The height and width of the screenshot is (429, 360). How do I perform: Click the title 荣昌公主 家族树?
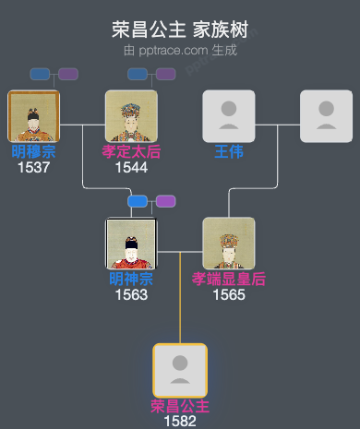[x=180, y=29]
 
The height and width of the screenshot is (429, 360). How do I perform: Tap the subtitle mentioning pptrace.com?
[x=180, y=50]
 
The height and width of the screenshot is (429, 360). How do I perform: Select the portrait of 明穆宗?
[x=33, y=116]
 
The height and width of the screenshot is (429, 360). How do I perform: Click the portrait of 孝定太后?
[x=131, y=116]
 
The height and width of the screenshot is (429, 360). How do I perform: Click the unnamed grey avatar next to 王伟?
[x=326, y=116]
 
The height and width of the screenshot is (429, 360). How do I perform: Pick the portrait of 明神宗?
[x=131, y=244]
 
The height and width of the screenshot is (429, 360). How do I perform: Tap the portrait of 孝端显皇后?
[x=228, y=244]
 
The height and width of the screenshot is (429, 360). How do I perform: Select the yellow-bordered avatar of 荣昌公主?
[x=180, y=370]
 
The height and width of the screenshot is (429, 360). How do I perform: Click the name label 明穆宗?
[x=33, y=151]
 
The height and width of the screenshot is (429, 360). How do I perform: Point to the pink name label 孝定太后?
[x=131, y=151]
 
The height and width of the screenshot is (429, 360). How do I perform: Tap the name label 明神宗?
[x=131, y=279]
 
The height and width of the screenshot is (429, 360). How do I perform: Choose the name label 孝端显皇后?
[x=228, y=279]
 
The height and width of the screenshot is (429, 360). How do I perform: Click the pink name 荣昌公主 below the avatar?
[x=180, y=406]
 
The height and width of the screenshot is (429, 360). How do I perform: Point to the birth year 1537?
[x=33, y=167]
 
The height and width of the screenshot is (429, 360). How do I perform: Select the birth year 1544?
[x=131, y=167]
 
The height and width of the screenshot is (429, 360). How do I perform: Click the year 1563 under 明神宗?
[x=131, y=294]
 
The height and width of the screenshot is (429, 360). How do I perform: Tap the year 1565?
[x=228, y=294]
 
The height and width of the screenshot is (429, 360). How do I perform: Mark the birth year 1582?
[x=180, y=421]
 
